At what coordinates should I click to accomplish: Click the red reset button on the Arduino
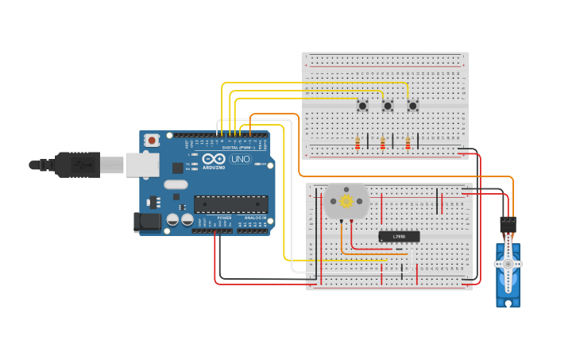coord(152,141)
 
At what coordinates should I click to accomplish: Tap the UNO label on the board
coord(239,160)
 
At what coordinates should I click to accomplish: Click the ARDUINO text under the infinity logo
coord(214,168)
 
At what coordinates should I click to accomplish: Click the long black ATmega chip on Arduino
coord(230,203)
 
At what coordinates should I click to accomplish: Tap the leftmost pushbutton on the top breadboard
coord(362,106)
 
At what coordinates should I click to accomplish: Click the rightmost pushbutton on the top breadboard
coord(412,106)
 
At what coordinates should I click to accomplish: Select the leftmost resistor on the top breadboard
coord(358,143)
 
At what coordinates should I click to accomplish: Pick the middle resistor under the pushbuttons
coord(383,143)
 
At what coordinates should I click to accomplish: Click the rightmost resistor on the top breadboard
coord(408,143)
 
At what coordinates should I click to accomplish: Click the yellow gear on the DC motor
coord(346,202)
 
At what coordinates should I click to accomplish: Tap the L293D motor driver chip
coord(399,236)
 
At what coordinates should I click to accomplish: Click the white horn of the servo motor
coord(508,263)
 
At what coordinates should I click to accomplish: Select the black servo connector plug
coord(508,225)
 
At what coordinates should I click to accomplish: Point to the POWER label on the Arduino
coord(225,217)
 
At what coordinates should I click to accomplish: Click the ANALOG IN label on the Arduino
coord(255,217)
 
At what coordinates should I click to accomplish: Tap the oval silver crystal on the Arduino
coord(176,184)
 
